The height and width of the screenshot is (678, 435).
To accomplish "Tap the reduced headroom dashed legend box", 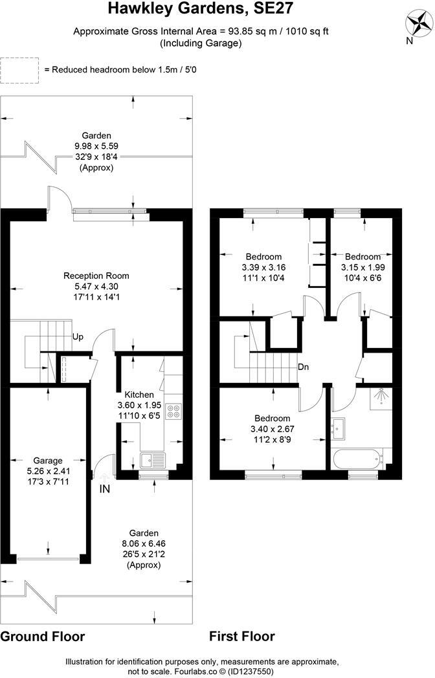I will pos(19,70).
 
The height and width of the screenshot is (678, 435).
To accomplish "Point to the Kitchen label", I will pos(139,394).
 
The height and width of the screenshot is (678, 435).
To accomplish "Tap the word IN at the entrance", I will pos(105,489).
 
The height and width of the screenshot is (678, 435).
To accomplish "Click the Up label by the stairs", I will pos(78,337).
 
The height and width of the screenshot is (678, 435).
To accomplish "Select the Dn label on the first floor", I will pos(303,367).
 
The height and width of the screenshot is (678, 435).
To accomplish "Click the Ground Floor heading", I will pos(42,637).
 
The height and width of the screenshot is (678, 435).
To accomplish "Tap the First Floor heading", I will pos(242,637).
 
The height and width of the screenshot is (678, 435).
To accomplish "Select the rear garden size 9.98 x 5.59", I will pos(96,146).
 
